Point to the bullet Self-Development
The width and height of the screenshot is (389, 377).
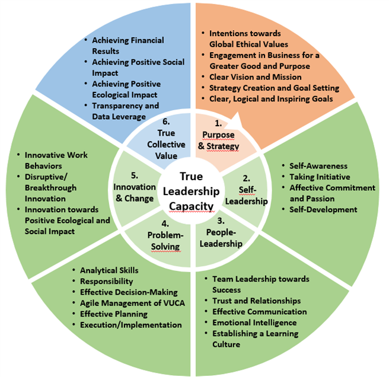[323, 209]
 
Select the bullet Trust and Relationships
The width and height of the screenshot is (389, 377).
[256, 301]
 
